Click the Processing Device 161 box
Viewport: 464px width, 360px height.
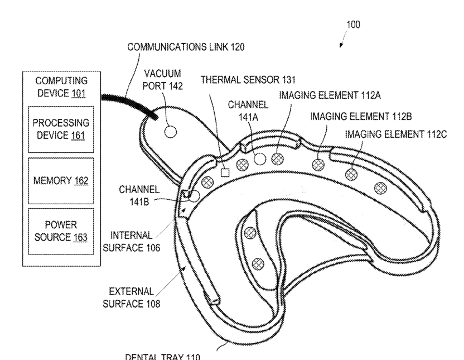click(x=61, y=128)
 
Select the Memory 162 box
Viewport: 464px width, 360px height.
click(x=61, y=180)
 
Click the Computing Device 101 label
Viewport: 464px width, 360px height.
click(x=61, y=87)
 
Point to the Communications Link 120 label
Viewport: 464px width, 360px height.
click(x=186, y=47)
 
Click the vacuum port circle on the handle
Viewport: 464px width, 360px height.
click(x=171, y=132)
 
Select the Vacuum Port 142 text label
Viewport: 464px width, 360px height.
click(x=162, y=80)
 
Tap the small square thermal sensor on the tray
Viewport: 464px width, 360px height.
click(x=225, y=173)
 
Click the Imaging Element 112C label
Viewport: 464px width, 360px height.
click(x=395, y=134)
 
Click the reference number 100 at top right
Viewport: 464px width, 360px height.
click(x=353, y=25)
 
